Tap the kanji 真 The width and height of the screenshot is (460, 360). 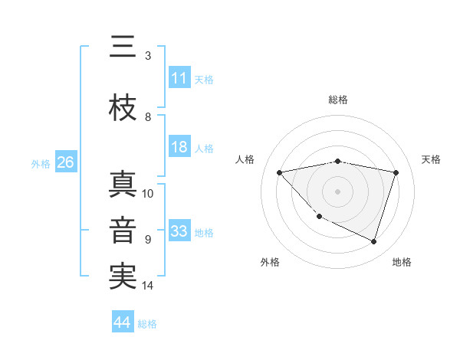[x=123, y=185]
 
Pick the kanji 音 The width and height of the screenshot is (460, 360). [x=123, y=231]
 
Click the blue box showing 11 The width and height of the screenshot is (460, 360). [x=179, y=78]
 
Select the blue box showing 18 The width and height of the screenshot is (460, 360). [x=179, y=147]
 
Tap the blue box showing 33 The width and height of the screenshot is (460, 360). [x=179, y=231]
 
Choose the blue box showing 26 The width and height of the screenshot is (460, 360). [x=65, y=162]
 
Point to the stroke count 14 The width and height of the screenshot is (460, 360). [x=148, y=286]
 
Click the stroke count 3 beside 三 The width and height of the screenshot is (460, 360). [x=148, y=56]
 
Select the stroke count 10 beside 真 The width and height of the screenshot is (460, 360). [x=148, y=194]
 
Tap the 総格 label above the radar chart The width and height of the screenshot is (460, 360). [x=338, y=100]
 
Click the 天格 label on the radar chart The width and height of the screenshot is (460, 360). [x=432, y=159]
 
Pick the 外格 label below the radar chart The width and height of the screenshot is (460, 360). [x=270, y=262]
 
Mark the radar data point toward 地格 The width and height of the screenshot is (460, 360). [x=374, y=242]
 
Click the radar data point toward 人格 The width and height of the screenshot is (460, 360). [x=280, y=172]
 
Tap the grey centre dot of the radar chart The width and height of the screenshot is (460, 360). [x=338, y=191]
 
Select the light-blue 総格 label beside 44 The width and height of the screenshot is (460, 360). [x=148, y=324]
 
